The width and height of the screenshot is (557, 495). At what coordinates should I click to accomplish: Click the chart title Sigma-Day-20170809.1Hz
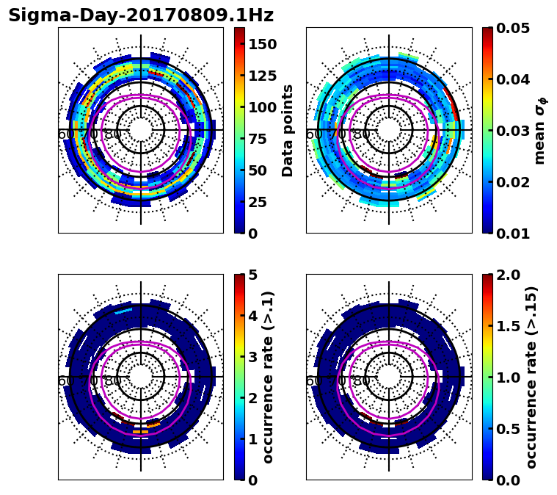pyautogui.click(x=141, y=15)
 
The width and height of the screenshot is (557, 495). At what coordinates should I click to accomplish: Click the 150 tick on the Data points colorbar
pyautogui.click(x=262, y=44)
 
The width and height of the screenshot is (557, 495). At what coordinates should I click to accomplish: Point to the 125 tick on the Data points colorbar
pyautogui.click(x=262, y=76)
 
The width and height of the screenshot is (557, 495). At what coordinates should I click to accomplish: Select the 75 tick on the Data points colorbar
pyautogui.click(x=262, y=139)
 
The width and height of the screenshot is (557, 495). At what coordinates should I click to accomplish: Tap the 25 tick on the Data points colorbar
pyautogui.click(x=262, y=202)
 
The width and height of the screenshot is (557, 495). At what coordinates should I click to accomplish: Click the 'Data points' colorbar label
pyautogui.click(x=288, y=130)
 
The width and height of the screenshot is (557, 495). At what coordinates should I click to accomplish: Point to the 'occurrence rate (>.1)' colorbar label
pyautogui.click(x=269, y=377)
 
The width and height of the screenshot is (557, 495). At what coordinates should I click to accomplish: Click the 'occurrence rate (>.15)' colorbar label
pyautogui.click(x=532, y=377)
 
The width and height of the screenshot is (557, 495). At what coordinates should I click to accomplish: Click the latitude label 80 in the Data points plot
pyautogui.click(x=113, y=134)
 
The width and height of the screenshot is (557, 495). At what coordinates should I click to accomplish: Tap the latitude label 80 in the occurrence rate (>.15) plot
pyautogui.click(x=361, y=381)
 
